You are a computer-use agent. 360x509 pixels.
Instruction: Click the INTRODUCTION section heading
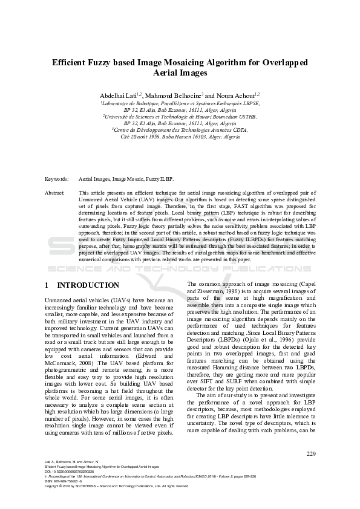coord(87,285)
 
